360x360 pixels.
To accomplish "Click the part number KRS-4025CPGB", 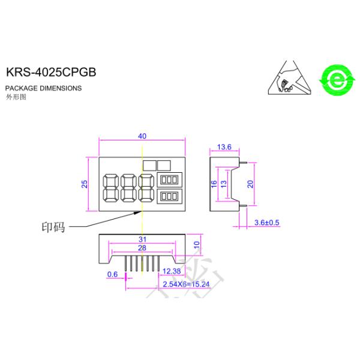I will pos(50,71).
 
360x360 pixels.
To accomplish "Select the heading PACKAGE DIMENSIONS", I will pos(43,88).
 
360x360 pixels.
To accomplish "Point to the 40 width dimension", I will pos(142,136).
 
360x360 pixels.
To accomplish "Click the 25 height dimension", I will pos(85,184).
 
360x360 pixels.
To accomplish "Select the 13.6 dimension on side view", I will pos(224,147).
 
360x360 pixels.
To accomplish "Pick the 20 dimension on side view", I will pos(251,184).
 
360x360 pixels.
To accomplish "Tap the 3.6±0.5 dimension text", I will pos(267,223).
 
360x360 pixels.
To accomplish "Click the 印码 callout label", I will pos(52,227).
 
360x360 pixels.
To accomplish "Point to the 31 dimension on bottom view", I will pos(142,239).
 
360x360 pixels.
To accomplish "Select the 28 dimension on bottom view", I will pos(142,248).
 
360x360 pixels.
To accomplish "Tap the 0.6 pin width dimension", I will pos(112,274).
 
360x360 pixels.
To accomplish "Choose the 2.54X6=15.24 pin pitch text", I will pos(186,283).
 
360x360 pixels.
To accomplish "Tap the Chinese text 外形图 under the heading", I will pos(16,96).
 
